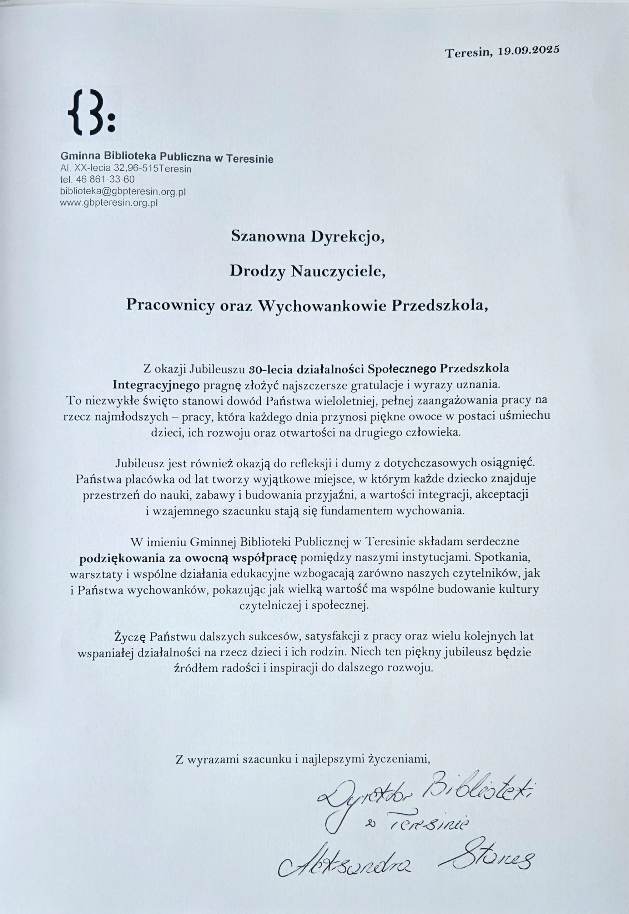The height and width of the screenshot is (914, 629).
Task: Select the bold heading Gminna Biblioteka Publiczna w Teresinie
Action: pyautogui.click(x=167, y=159)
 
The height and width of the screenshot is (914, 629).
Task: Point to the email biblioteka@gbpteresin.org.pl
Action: pyautogui.click(x=122, y=192)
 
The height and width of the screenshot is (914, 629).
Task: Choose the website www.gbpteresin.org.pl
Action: pyautogui.click(x=109, y=203)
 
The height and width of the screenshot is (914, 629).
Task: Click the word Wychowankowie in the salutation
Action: pyautogui.click(x=322, y=306)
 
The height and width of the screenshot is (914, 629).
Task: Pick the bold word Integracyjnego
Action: pyautogui.click(x=156, y=384)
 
